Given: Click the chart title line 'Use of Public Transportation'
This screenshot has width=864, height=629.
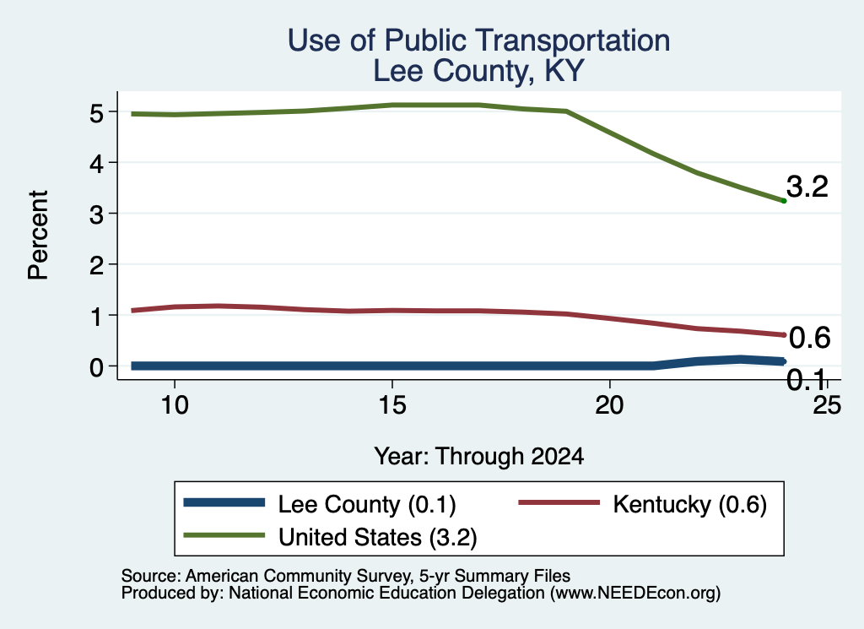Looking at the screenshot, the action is (x=479, y=41).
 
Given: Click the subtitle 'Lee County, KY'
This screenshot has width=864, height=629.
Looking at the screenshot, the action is (x=478, y=71).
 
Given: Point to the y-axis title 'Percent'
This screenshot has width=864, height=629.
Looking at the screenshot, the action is (x=39, y=235).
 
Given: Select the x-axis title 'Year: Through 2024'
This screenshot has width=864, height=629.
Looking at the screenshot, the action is (x=479, y=457).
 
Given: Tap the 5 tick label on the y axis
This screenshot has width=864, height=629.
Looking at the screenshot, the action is (x=96, y=113).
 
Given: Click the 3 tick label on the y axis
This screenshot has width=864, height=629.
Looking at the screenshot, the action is (x=96, y=214).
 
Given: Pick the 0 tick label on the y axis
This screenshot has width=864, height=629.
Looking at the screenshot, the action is (x=96, y=367).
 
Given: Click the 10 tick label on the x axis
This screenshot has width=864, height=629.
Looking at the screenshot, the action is (x=175, y=405).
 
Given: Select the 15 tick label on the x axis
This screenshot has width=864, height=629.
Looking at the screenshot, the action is (x=392, y=405).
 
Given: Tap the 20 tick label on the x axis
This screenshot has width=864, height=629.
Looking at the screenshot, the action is (x=609, y=405).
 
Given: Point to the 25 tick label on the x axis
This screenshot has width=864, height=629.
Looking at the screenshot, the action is (x=827, y=405).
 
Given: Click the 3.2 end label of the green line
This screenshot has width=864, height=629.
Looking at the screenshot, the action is (x=807, y=187).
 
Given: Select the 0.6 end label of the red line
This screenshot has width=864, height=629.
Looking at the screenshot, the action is (x=809, y=338).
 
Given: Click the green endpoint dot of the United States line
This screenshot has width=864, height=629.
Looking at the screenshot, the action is (x=784, y=201).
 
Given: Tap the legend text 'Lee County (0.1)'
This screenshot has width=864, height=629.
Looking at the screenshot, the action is (x=367, y=504).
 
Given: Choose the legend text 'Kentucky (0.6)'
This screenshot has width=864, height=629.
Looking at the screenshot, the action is (x=690, y=504).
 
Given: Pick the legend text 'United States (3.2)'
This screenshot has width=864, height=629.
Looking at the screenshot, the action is (x=377, y=537).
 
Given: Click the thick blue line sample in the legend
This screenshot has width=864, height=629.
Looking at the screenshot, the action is (x=224, y=502).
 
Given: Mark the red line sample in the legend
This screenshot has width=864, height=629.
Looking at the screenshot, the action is (x=559, y=502).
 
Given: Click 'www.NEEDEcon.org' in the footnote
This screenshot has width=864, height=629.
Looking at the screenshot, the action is (x=635, y=593).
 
